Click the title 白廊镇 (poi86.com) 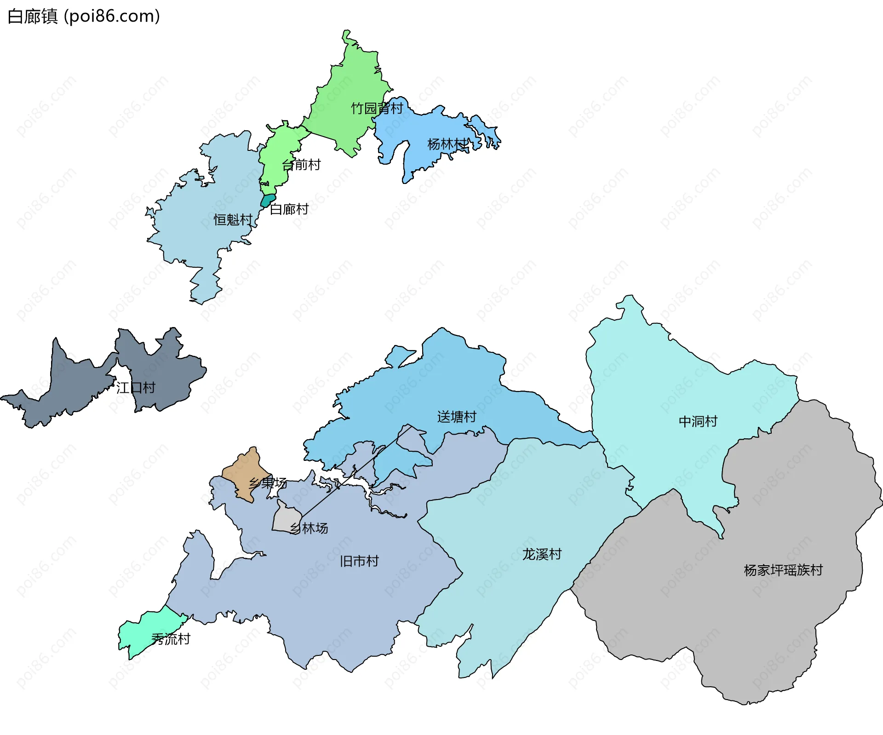pos(84,16)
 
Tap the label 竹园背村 pos(377,108)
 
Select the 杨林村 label pos(447,144)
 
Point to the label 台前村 pos(301,165)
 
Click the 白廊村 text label pos(289,209)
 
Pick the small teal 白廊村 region pos(268,201)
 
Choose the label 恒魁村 pos(233,220)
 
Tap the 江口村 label pos(136,388)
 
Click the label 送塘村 pos(457,417)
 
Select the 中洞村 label pos(698,421)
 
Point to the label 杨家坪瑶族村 pos(783,570)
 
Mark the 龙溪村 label pos(542,554)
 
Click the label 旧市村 pos(359,561)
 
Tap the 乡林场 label pos(309,528)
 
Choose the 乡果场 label pos(268,483)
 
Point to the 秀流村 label pos(171,639)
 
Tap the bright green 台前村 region pos(278,152)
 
